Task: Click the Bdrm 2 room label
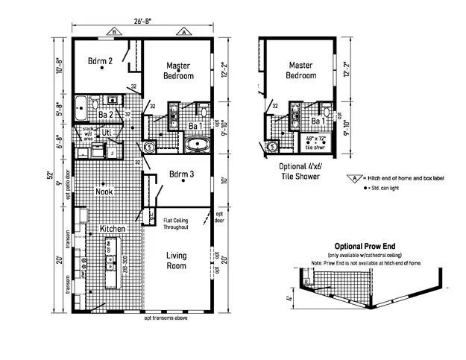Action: pyautogui.click(x=100, y=62)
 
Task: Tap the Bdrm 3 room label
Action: pyautogui.click(x=182, y=176)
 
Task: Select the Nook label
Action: pyautogui.click(x=105, y=192)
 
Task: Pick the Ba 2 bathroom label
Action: pyautogui.click(x=105, y=115)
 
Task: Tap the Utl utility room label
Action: pyautogui.click(x=107, y=133)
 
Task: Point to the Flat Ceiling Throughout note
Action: pyautogui.click(x=180, y=224)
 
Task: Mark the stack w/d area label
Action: pyautogui.click(x=88, y=133)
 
